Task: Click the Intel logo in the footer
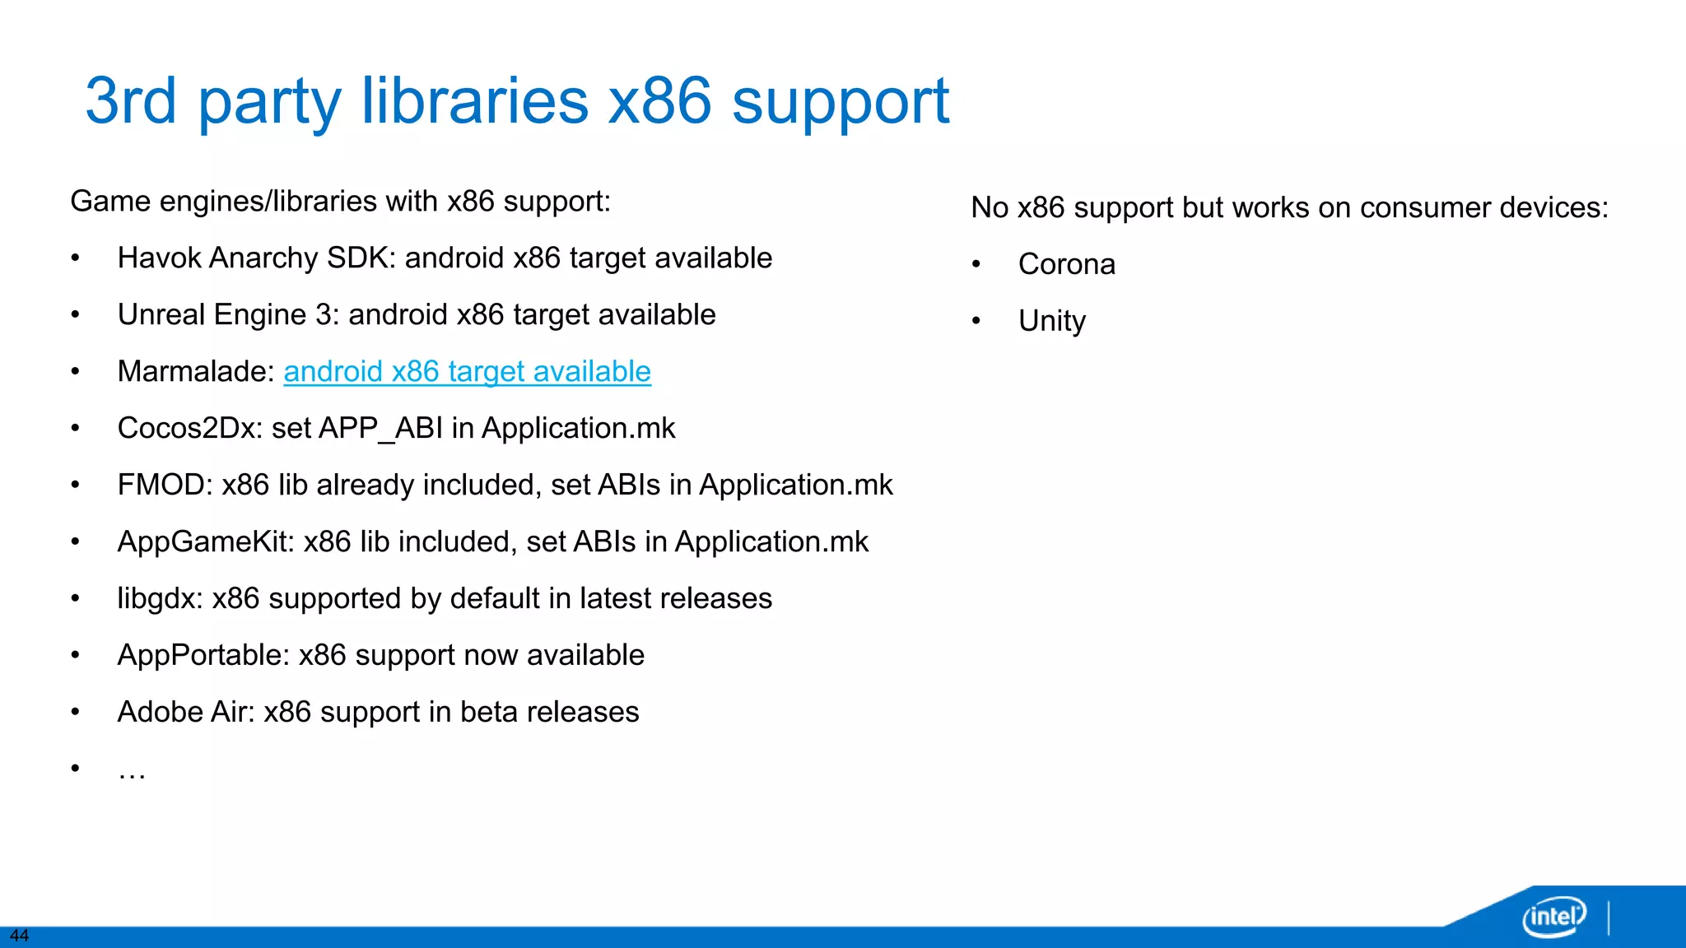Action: tap(1553, 916)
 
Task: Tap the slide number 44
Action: tap(19, 936)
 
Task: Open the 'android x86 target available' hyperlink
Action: tap(467, 372)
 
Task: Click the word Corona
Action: tap(1066, 264)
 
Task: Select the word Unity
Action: tap(1051, 321)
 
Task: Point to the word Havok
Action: tap(159, 258)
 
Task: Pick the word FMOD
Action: tap(165, 486)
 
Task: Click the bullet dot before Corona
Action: tap(976, 265)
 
